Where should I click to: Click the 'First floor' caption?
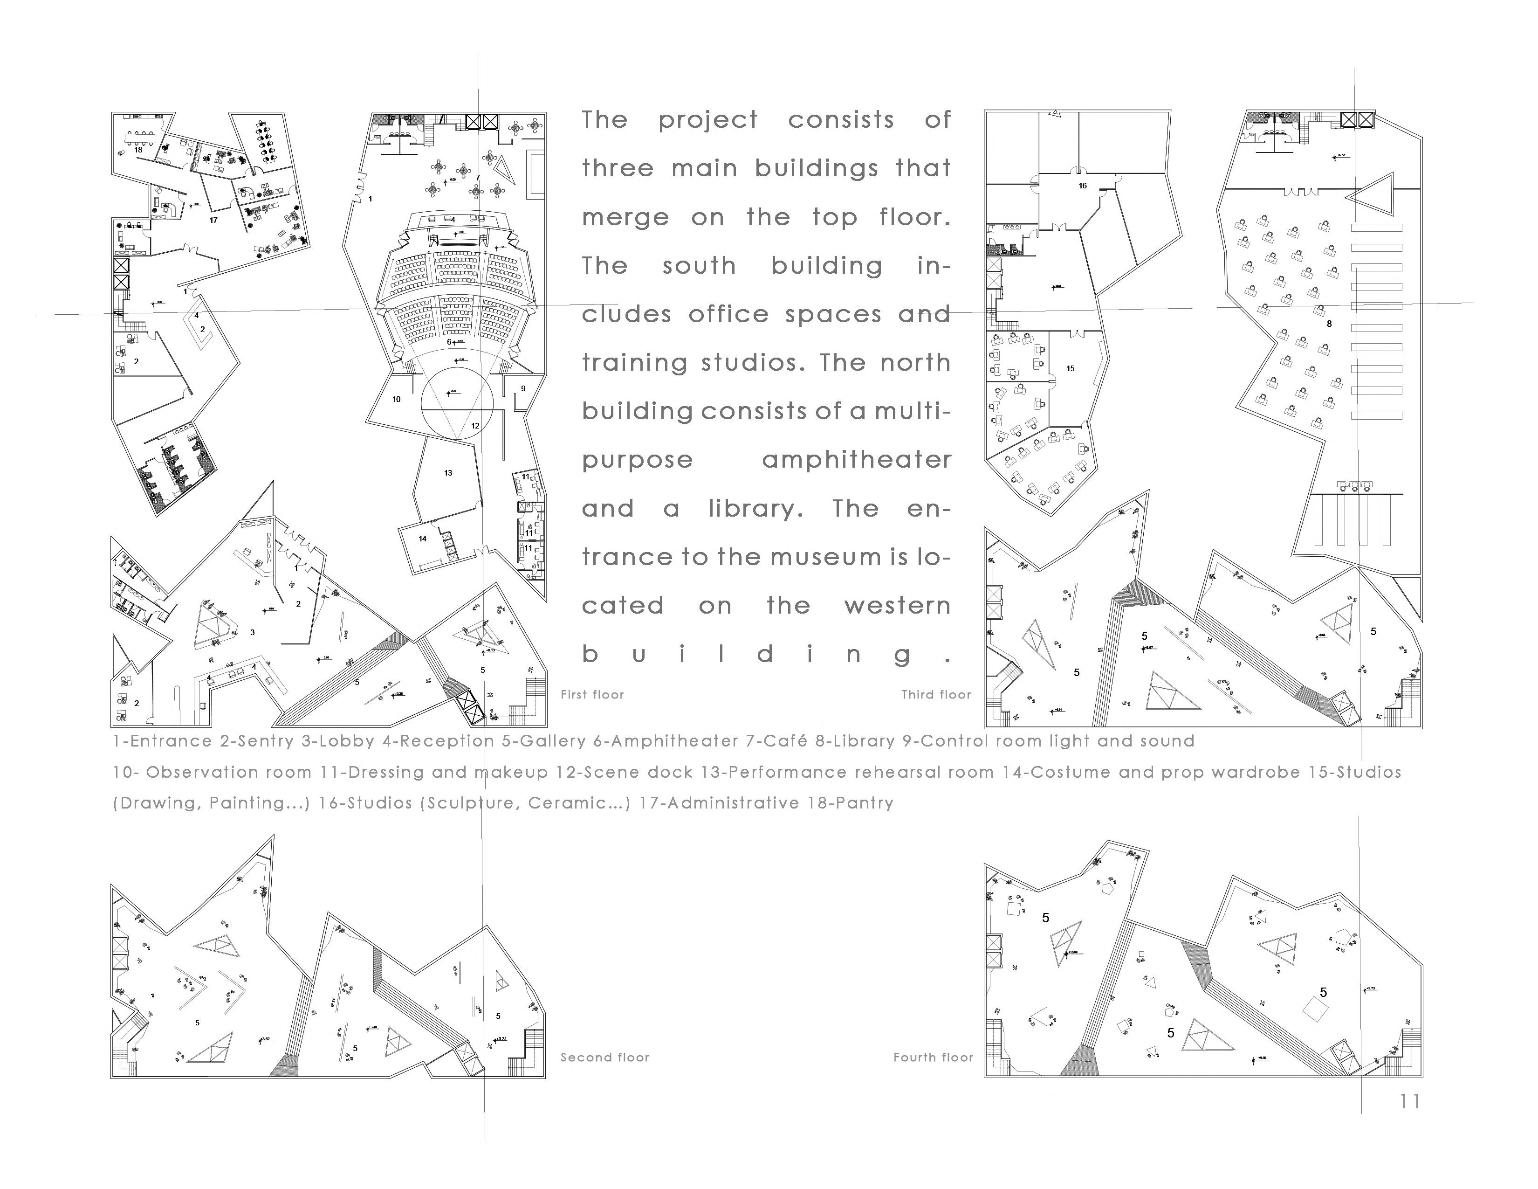(592, 695)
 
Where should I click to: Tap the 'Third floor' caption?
(936, 695)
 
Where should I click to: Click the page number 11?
(1410, 1101)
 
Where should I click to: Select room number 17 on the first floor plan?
(213, 220)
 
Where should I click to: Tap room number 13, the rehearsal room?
(448, 473)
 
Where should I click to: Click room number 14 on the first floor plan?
(423, 539)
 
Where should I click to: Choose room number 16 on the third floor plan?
(1082, 186)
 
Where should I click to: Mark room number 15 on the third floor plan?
(1071, 368)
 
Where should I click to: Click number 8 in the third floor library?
(1329, 324)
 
